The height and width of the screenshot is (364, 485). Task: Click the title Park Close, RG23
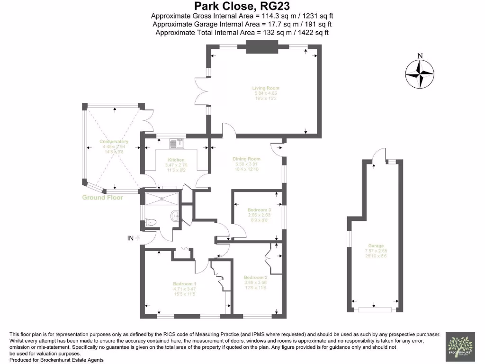(x=242, y=6)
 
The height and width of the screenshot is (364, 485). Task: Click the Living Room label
(x=265, y=88)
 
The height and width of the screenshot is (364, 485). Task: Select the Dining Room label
(x=246, y=159)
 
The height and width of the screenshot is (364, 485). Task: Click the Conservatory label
(x=114, y=142)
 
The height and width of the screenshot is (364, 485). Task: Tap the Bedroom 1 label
(x=184, y=284)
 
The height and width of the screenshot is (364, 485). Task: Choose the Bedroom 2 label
(x=256, y=277)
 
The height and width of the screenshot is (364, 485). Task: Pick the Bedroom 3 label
(x=259, y=209)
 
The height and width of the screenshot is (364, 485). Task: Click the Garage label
(x=376, y=246)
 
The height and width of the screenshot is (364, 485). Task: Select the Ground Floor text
(x=102, y=198)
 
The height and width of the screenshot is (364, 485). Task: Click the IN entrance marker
(x=130, y=238)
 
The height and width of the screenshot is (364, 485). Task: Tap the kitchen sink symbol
(x=176, y=141)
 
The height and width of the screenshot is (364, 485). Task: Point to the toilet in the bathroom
(x=151, y=222)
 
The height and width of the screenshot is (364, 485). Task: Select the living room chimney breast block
(x=261, y=46)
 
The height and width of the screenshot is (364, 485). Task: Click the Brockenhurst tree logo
(x=460, y=345)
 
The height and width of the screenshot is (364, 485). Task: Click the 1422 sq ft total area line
(x=242, y=33)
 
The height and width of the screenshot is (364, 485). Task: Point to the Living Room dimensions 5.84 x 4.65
(x=265, y=93)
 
